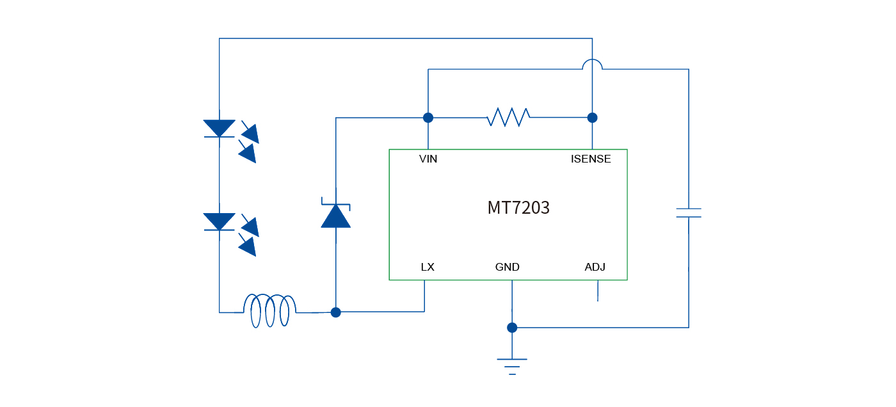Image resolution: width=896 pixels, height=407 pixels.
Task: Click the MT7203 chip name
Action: point(518,208)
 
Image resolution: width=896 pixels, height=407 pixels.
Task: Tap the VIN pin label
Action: point(428,159)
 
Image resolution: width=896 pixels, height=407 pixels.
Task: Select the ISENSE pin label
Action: point(591,159)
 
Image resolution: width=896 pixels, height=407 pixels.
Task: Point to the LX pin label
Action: point(428,267)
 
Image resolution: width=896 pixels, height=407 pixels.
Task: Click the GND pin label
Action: point(507,267)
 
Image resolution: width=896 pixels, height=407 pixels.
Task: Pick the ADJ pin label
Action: point(595,267)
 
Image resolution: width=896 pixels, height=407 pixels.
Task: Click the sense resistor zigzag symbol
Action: point(508,117)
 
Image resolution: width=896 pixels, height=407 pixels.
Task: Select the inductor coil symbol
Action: point(269,311)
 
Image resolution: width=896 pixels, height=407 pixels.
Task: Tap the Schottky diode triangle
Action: point(335,216)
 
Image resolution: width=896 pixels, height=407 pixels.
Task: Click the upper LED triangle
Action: point(219,128)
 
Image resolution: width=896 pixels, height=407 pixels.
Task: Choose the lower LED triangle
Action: point(219,221)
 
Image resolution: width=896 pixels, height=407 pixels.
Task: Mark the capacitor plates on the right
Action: point(689,213)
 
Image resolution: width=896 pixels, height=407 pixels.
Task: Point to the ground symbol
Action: point(512,365)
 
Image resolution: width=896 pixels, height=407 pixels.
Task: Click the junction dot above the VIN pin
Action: point(428,118)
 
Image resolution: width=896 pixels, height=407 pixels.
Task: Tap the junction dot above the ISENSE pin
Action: point(593,118)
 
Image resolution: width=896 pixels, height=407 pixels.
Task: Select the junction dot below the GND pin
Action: point(512,328)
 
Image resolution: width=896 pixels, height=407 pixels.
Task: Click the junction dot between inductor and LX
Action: point(335,312)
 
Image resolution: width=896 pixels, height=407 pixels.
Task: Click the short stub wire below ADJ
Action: point(598,291)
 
